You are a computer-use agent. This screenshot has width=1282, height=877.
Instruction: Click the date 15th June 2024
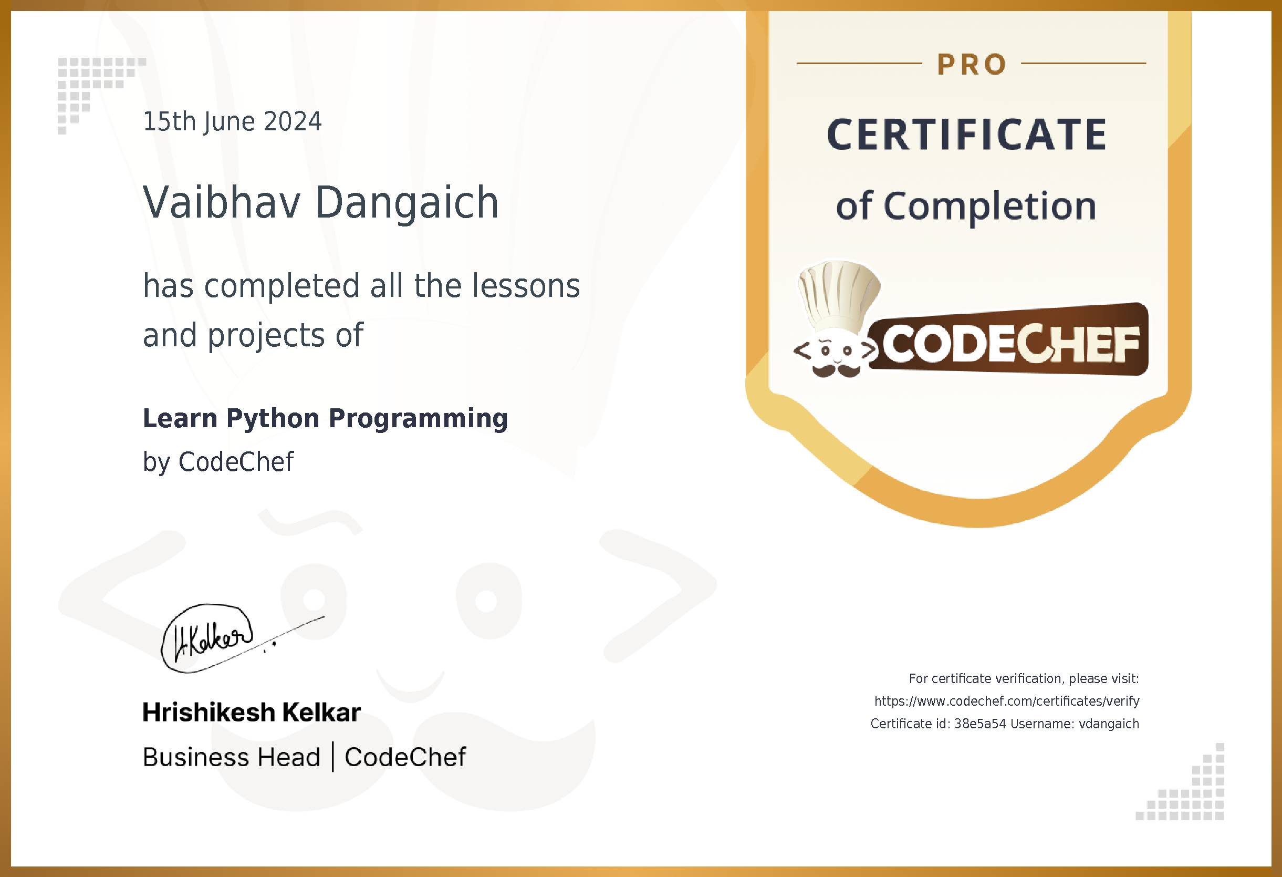[232, 122]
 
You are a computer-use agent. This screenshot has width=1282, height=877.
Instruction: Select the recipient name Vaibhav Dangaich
[320, 202]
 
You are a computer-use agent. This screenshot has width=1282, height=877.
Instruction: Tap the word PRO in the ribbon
[972, 65]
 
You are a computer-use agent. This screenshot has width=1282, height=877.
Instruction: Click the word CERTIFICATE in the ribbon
[967, 135]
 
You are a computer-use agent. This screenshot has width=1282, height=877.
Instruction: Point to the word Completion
[990, 206]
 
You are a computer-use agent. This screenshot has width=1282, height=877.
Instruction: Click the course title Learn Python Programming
[326, 418]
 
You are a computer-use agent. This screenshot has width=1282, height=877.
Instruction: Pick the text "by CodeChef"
[218, 462]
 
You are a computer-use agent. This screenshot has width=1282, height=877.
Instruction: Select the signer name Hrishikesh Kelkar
[252, 713]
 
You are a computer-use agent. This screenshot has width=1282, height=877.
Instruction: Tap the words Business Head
[231, 757]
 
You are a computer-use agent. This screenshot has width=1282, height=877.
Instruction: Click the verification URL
[1007, 701]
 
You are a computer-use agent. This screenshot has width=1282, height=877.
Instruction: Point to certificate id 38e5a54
[979, 724]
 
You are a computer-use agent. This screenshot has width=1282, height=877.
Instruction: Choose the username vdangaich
[1109, 724]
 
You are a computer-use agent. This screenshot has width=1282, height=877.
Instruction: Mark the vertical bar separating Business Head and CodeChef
[332, 757]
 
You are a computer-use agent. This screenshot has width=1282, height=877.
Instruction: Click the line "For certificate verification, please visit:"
[1024, 679]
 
